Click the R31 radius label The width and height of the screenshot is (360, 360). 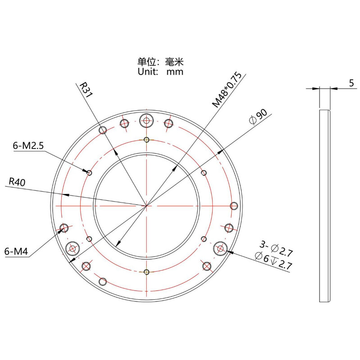coord(86,90)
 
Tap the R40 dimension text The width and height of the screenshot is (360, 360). coord(17,182)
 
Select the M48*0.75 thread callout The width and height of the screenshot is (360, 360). coord(228,90)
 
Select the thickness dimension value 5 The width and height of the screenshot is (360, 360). coord(351,83)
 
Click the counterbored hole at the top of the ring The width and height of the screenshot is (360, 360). coord(146,120)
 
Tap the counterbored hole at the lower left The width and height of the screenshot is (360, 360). coord(72,247)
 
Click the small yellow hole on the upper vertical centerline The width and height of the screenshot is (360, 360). coord(146,139)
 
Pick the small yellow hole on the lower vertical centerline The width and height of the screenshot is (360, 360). coord(146,271)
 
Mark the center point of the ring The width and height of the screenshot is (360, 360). coord(146,206)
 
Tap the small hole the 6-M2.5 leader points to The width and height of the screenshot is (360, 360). coord(90,173)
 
